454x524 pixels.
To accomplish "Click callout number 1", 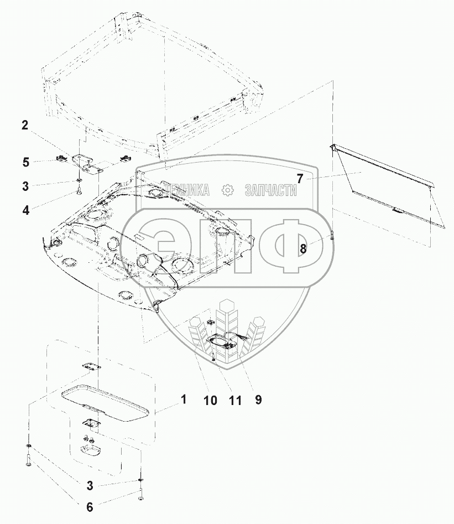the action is click(184, 399).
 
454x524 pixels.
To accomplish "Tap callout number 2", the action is click(25, 125).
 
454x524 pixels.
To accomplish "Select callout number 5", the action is click(26, 163).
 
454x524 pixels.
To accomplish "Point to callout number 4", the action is click(26, 210).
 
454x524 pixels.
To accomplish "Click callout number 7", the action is click(300, 179).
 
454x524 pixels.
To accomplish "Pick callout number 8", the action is click(303, 248).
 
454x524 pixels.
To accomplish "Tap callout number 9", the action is click(258, 400).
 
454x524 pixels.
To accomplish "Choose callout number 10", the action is click(211, 400).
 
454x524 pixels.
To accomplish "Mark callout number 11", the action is click(235, 400).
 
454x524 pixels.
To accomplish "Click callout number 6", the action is click(90, 507).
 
